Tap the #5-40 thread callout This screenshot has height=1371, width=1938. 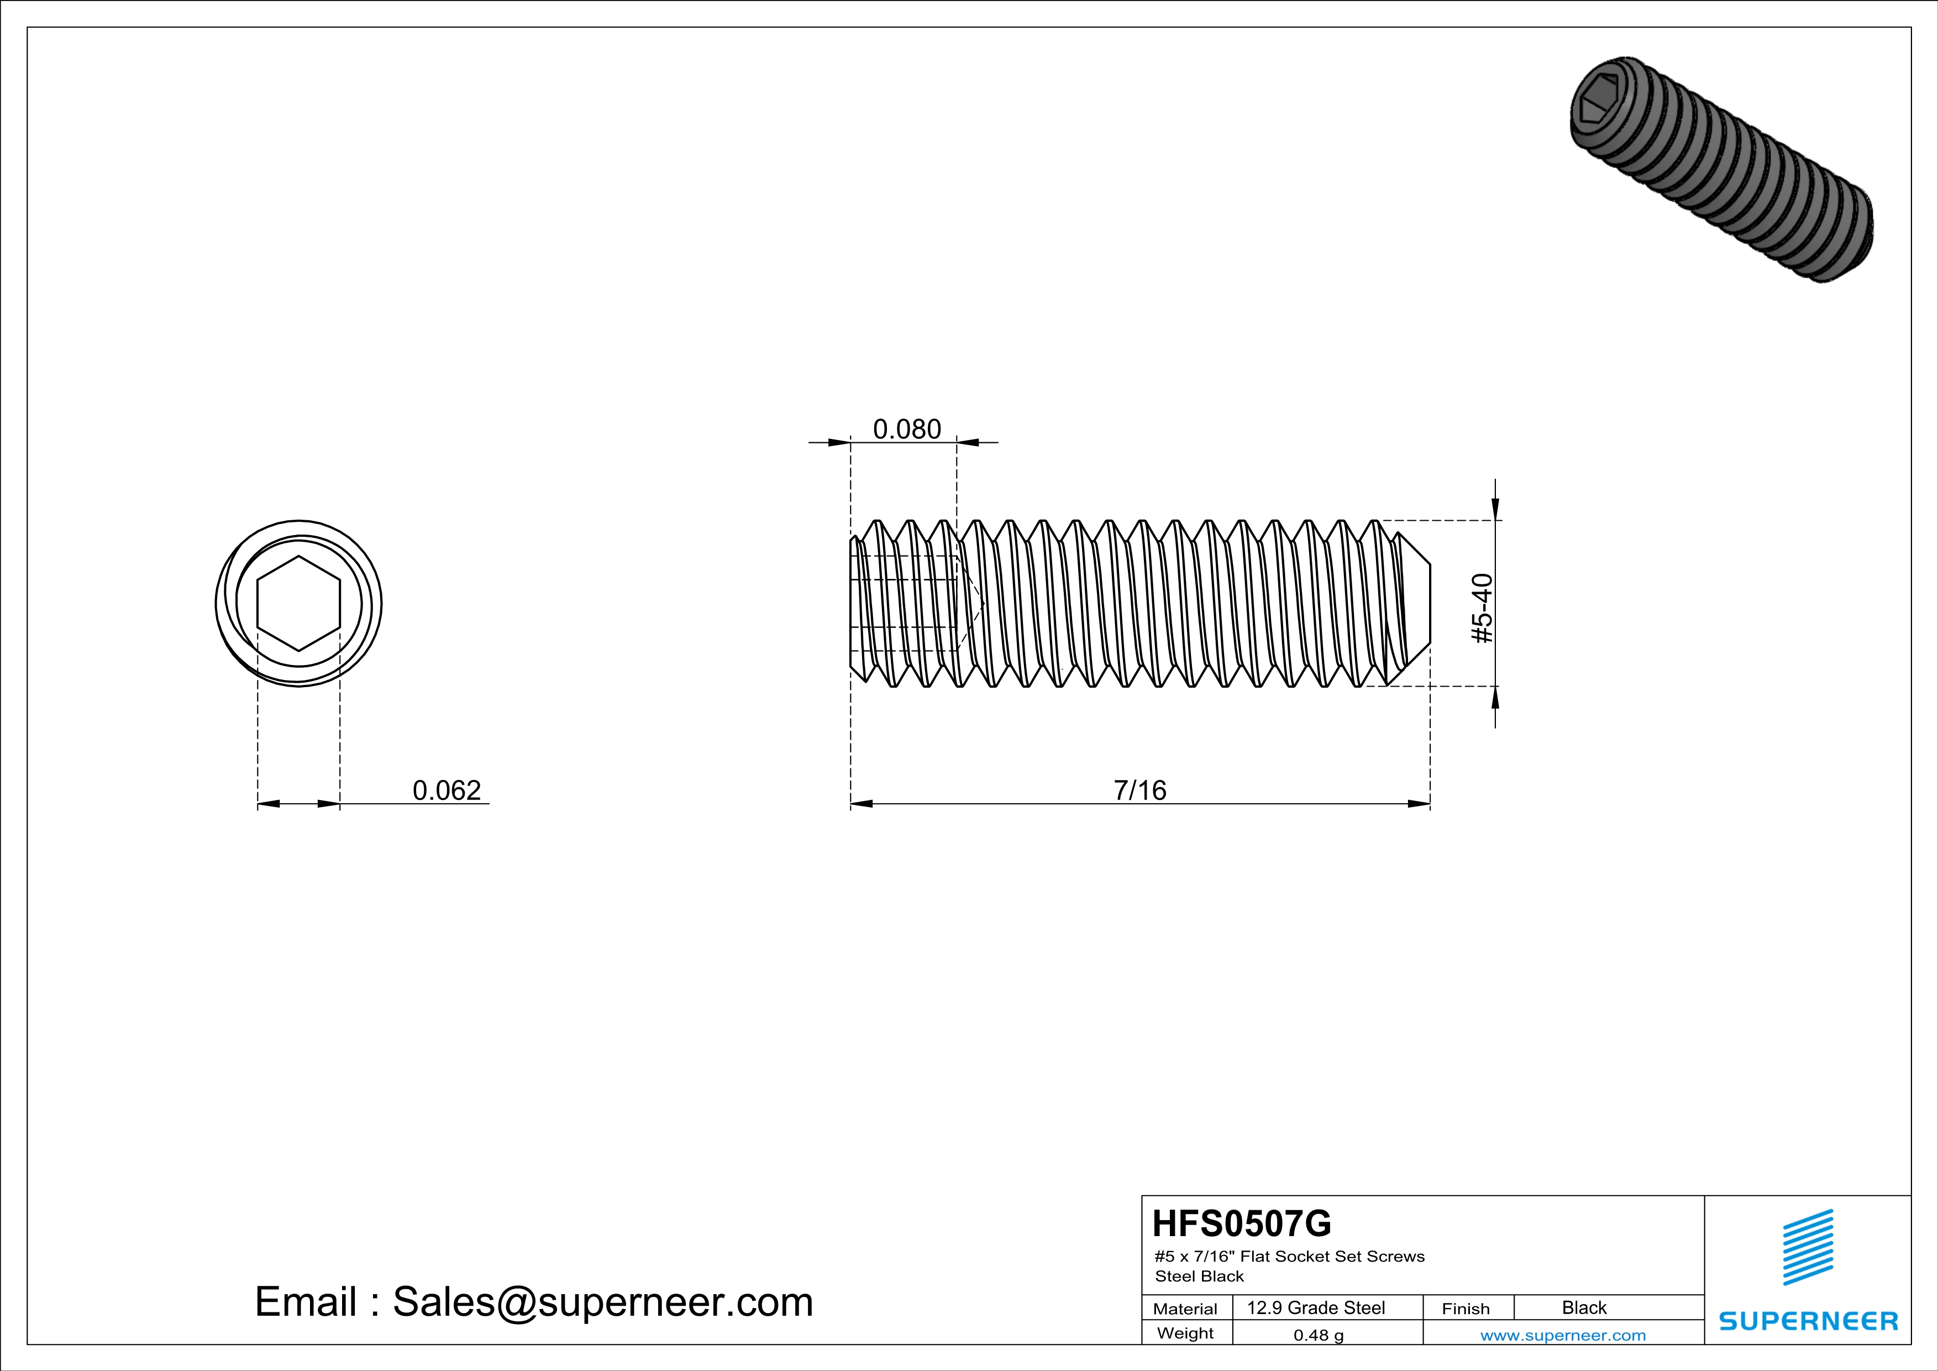point(1482,608)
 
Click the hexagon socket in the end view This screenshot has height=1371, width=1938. point(299,603)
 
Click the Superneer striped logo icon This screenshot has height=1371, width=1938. point(1807,1247)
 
